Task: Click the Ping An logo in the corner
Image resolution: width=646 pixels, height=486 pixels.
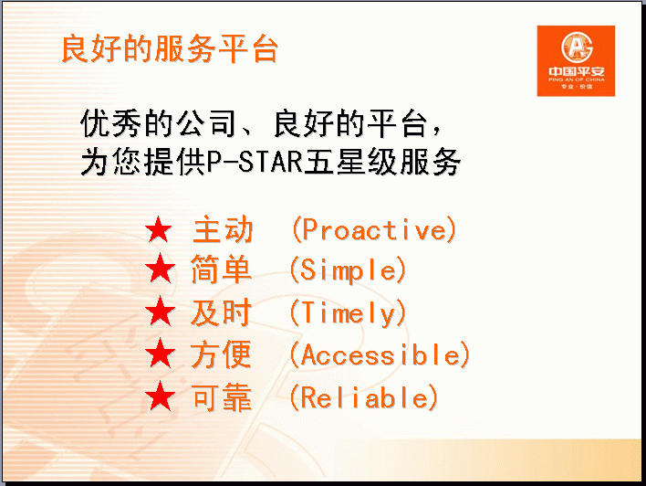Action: click(x=576, y=61)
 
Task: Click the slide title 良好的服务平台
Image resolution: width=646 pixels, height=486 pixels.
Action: click(x=170, y=49)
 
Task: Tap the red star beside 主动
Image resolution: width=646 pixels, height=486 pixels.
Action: click(x=159, y=230)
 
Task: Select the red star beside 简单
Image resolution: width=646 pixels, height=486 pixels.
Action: click(x=161, y=269)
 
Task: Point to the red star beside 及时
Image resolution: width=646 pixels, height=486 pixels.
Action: click(x=161, y=312)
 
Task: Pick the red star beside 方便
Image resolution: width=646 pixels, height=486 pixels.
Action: click(x=161, y=354)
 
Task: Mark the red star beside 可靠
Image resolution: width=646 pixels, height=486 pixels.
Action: click(x=161, y=396)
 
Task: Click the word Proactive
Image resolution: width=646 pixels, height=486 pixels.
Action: click(x=374, y=229)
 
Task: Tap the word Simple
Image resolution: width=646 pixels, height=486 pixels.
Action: click(x=349, y=271)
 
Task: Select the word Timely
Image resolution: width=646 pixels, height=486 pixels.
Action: click(x=349, y=313)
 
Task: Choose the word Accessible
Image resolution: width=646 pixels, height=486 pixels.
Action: click(x=380, y=354)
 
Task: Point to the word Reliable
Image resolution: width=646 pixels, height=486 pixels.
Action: click(x=364, y=397)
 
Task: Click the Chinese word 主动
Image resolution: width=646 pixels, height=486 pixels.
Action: click(x=223, y=229)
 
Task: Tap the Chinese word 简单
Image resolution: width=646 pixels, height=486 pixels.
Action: click(x=221, y=269)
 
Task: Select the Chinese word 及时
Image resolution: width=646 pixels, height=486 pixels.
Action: click(x=221, y=312)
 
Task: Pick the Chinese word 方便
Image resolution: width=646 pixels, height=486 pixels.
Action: click(x=221, y=354)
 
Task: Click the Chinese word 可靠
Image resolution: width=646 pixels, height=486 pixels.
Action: click(x=222, y=397)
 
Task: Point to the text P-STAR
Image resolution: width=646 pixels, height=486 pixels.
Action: click(x=255, y=162)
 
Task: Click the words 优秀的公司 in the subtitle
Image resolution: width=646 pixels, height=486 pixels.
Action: click(x=158, y=123)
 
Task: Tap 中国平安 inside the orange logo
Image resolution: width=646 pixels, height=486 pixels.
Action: click(x=577, y=71)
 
